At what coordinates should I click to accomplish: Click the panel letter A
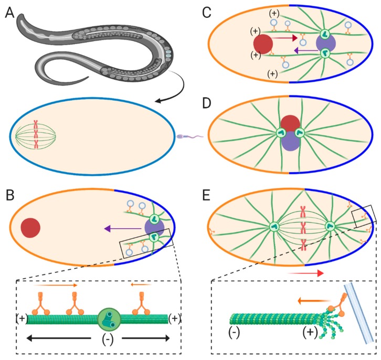click(9, 13)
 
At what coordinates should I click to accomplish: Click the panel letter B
click(10, 195)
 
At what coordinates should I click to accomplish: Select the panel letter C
click(206, 13)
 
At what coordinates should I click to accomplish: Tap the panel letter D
click(206, 103)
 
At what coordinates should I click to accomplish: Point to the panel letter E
click(206, 195)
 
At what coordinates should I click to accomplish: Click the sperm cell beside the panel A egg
click(190, 136)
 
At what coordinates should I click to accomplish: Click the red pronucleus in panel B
click(30, 228)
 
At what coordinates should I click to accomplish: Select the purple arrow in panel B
click(123, 228)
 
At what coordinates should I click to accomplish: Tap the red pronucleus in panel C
click(263, 44)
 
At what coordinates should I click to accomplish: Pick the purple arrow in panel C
click(306, 50)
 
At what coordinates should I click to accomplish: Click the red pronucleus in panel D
click(290, 124)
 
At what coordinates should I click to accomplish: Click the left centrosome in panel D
click(281, 133)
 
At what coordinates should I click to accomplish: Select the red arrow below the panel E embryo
click(305, 273)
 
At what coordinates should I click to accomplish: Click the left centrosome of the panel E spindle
click(274, 227)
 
